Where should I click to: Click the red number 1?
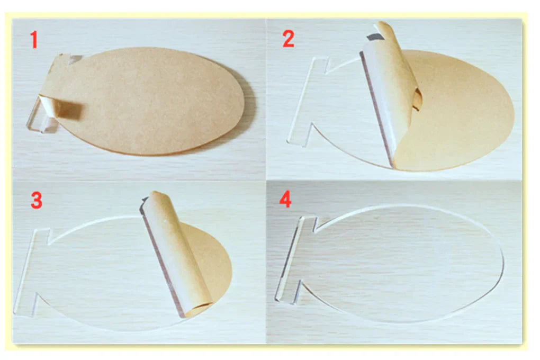[x=34, y=40]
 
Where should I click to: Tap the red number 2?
[x=288, y=40]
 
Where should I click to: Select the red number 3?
[x=36, y=201]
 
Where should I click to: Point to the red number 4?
[x=285, y=201]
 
